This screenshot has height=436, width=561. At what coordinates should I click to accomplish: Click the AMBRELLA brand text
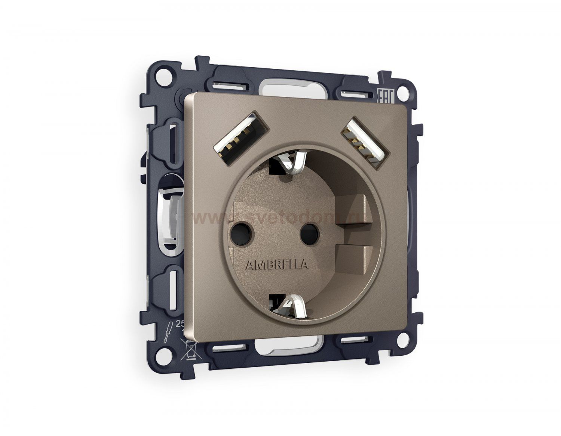(276, 265)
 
